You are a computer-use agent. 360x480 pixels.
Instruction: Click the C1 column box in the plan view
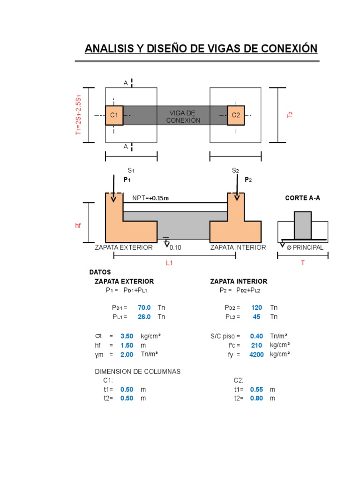(x=114, y=115)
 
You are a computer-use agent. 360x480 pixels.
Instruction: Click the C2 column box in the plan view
(x=236, y=115)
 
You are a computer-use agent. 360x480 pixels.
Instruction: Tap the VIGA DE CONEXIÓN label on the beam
(x=183, y=116)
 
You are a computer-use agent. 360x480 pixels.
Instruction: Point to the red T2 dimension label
(x=290, y=115)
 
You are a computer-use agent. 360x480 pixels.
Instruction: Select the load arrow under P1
(x=113, y=188)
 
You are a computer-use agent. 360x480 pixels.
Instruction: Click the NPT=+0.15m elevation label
(x=150, y=198)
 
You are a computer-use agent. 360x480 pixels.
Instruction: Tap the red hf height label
(x=78, y=225)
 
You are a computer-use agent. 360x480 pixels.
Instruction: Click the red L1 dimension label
(x=169, y=263)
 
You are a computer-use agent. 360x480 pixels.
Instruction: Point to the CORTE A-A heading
(x=302, y=198)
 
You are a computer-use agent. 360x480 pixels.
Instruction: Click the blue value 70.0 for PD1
(x=144, y=307)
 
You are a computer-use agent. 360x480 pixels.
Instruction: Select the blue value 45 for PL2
(x=256, y=317)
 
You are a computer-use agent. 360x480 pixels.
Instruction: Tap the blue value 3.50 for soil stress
(x=127, y=336)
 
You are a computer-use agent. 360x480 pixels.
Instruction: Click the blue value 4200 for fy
(x=256, y=354)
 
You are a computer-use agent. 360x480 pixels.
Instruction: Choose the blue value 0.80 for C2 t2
(x=256, y=398)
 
